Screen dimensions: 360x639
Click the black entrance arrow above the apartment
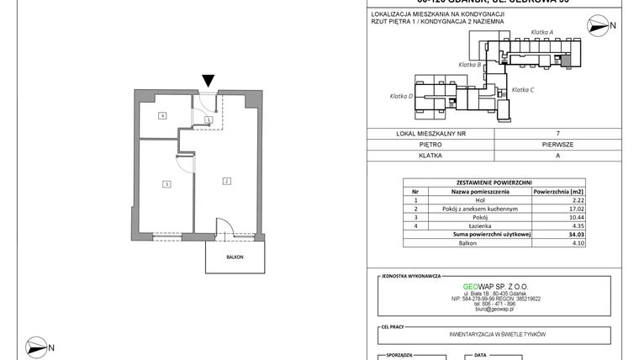tap(208, 81)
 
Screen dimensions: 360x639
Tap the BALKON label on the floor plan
tap(236, 257)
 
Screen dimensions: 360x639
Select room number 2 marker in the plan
tap(226, 181)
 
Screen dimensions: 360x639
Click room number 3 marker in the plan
tap(167, 184)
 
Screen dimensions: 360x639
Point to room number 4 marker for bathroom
tap(162, 115)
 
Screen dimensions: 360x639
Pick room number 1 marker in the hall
tap(208, 120)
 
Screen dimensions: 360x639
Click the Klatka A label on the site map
tap(547, 32)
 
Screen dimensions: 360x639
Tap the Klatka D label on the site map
tap(401, 96)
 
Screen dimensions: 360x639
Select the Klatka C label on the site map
tap(524, 89)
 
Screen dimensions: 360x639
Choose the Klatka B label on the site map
tap(469, 64)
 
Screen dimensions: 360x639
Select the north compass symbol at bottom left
tap(37, 345)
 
